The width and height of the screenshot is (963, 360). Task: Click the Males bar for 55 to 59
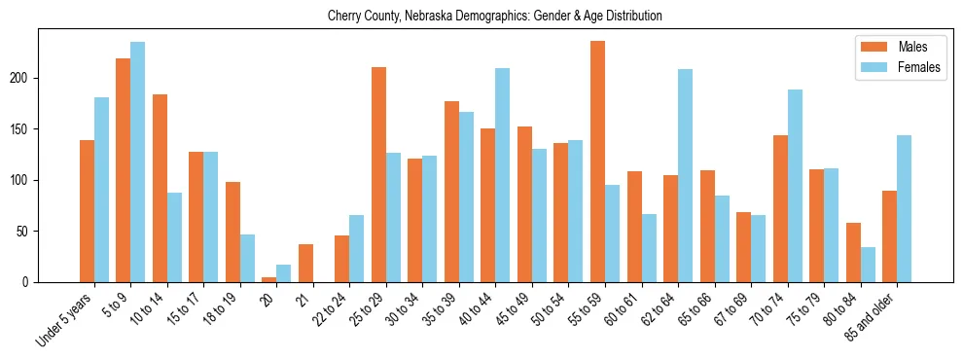click(597, 162)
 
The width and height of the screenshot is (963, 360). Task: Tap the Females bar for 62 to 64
click(685, 176)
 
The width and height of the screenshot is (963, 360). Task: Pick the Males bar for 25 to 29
click(378, 175)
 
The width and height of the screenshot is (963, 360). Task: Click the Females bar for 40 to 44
click(503, 175)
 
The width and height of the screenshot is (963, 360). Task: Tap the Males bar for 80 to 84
click(853, 253)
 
